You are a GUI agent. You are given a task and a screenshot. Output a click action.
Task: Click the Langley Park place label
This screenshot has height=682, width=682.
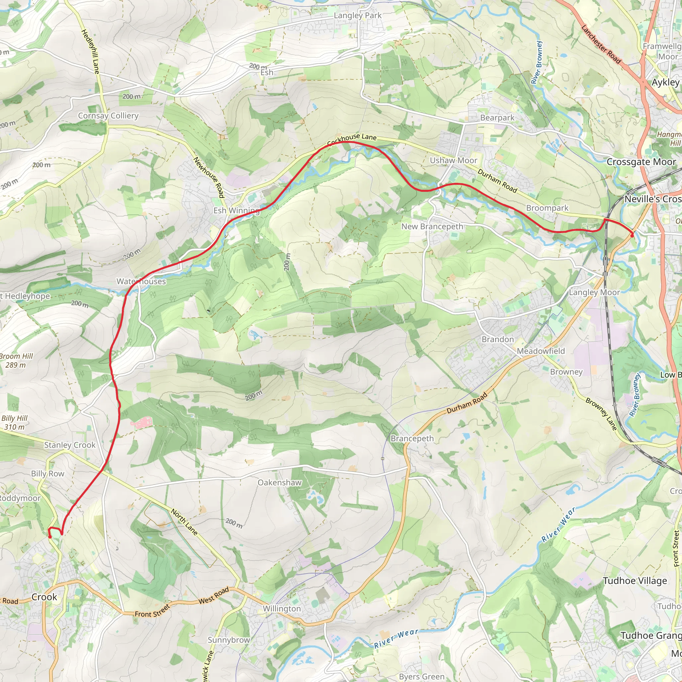358,16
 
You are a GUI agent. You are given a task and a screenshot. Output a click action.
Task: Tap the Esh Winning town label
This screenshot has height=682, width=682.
236,210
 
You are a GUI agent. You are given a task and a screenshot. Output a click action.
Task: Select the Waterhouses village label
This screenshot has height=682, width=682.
141,281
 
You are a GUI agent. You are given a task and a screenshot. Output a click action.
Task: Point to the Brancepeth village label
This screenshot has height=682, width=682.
412,439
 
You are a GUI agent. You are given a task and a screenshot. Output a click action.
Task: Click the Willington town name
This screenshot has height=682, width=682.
282,609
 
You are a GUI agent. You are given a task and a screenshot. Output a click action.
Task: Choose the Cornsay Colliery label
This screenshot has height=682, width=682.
108,116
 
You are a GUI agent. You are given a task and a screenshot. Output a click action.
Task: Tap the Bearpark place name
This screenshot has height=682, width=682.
497,118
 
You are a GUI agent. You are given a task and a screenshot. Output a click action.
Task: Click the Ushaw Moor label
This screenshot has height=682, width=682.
453,160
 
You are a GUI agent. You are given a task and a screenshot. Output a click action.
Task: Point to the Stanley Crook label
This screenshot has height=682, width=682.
70,445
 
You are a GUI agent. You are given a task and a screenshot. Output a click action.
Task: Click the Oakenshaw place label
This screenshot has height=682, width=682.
280,483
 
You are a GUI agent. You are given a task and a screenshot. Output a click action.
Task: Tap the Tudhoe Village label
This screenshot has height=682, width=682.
635,581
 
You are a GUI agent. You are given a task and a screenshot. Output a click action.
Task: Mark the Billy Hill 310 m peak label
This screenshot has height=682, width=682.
14,423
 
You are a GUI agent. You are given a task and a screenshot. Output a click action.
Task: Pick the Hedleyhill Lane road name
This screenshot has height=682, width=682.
90,52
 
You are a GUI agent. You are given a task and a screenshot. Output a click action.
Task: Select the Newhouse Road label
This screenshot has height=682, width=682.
209,177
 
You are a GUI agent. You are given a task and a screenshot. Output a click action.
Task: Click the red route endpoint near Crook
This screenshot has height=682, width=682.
50,536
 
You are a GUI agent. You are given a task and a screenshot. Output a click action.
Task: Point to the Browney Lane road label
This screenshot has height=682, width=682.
601,414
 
